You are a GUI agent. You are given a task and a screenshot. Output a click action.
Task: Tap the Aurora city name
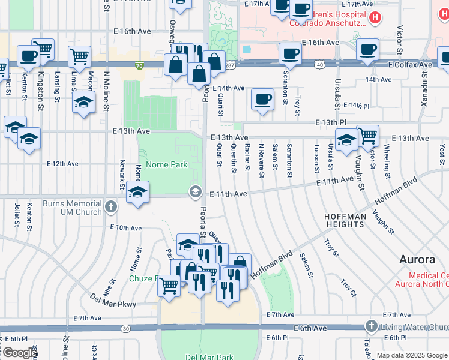coord(417,260)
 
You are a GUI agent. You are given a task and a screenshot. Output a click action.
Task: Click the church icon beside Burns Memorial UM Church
coord(110,207)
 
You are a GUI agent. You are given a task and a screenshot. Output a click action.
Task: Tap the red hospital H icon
coord(375,18)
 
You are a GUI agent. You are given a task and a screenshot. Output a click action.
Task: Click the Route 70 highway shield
coord(139,65)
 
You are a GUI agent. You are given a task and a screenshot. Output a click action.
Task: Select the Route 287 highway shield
coord(230,65)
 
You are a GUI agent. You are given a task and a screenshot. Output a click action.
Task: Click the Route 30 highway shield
coord(125,328)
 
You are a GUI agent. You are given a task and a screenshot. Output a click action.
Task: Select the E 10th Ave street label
coord(125,227)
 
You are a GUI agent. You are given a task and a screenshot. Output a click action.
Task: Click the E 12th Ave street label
coord(63,163)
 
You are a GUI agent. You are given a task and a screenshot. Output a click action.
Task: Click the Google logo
coord(19,353)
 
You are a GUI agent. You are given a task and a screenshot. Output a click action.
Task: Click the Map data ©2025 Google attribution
coord(412,355)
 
